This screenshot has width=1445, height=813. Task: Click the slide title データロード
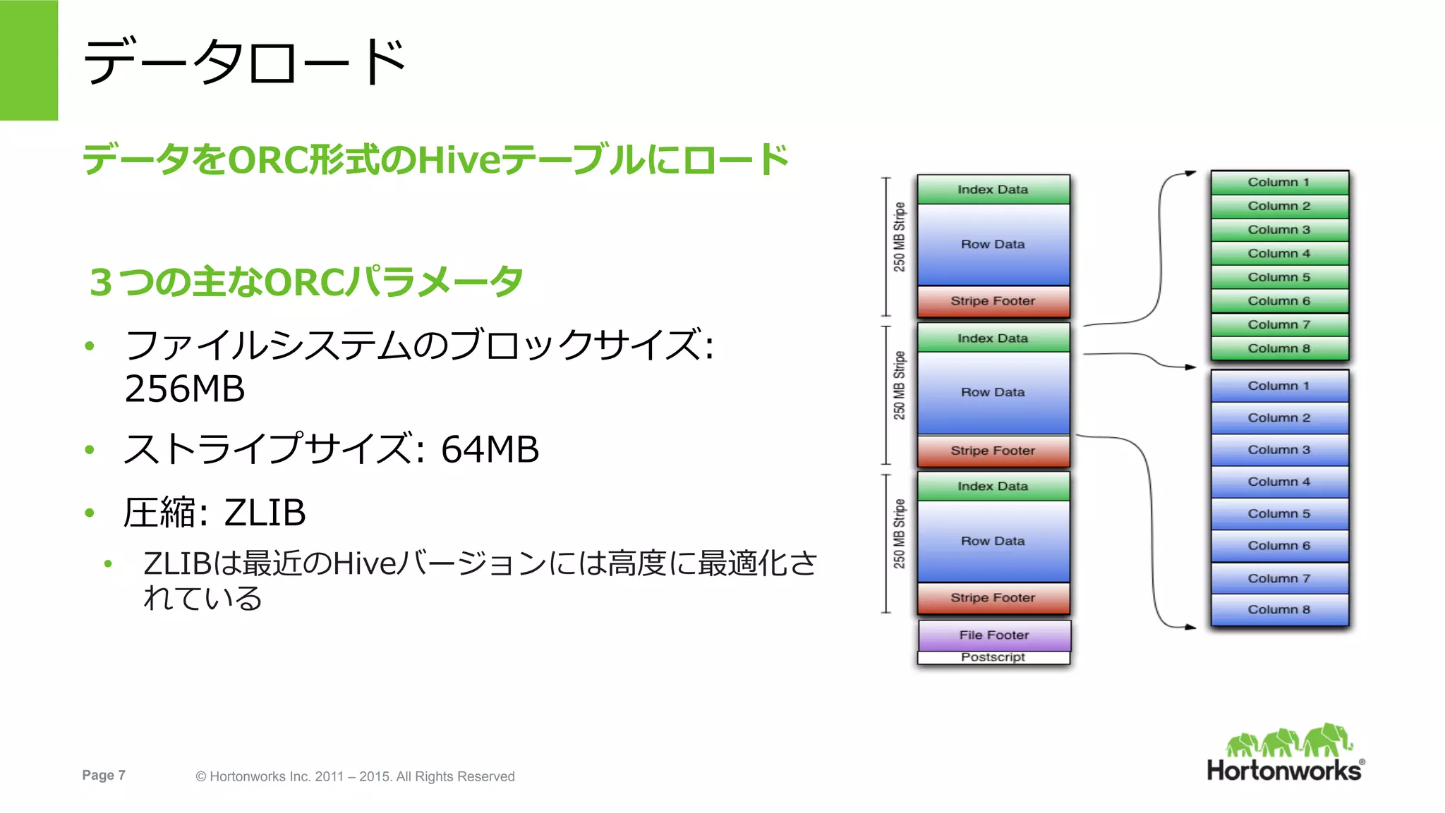point(243,62)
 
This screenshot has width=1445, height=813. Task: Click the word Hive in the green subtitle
point(459,160)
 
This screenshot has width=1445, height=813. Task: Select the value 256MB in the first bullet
point(185,389)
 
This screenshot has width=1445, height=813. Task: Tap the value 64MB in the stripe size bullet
point(490,449)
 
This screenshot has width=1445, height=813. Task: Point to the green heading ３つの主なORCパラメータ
point(306,282)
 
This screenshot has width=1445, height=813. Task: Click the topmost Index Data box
point(993,190)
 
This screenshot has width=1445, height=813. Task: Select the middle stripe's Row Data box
point(993,393)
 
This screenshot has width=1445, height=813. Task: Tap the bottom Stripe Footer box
point(993,598)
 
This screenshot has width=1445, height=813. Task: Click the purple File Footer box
point(993,635)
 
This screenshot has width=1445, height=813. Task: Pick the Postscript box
point(993,657)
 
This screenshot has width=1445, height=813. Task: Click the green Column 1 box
point(1278,183)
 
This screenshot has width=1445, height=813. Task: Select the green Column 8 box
point(1278,348)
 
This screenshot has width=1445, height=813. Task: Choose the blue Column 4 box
point(1278,482)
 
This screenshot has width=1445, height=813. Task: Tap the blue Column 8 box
point(1278,610)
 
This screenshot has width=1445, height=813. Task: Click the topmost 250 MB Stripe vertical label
point(899,237)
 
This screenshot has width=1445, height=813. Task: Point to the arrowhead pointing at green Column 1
point(1191,173)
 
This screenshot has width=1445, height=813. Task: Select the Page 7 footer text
point(104,775)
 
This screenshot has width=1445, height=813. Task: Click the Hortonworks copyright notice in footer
point(355,776)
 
